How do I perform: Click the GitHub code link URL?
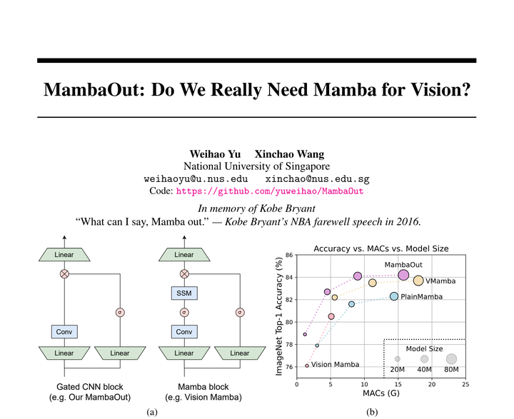[270, 191]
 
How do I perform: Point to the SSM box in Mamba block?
[183, 293]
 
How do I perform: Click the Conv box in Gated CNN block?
[64, 331]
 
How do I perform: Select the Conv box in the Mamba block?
[183, 331]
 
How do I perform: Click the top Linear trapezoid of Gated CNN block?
[64, 255]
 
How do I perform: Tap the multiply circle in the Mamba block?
[183, 273]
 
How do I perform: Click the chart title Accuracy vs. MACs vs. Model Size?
[381, 248]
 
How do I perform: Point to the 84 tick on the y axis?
[288, 277]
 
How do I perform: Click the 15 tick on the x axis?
[398, 384]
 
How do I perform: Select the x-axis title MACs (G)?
[381, 394]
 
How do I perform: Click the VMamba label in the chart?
[445, 281]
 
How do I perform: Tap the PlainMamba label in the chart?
[424, 296]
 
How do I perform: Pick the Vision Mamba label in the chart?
[335, 365]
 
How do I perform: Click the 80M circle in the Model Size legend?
[451, 359]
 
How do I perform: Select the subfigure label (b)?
[372, 412]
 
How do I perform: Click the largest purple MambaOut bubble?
[403, 276]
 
